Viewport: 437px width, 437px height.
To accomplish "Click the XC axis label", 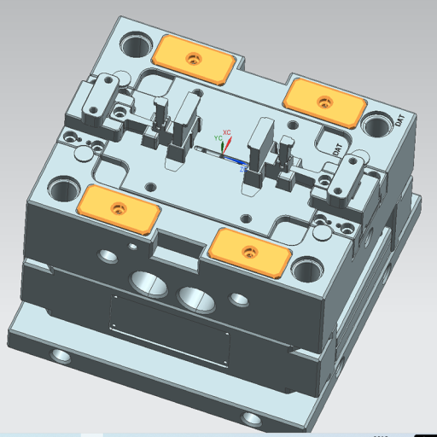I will click(x=227, y=122).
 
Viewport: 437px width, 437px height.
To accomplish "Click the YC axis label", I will click(x=218, y=137).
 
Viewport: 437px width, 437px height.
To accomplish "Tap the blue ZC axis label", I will click(x=243, y=169).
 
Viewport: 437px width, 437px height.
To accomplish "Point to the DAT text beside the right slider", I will click(x=338, y=149).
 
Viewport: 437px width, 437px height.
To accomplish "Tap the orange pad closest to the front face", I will click(x=248, y=252).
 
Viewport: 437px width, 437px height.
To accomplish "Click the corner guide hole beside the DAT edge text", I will click(x=376, y=125).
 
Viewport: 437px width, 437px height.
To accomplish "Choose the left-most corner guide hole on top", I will click(x=61, y=189).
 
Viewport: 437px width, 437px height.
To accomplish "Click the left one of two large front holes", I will click(x=149, y=282).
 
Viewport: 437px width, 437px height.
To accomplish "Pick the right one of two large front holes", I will click(x=198, y=298).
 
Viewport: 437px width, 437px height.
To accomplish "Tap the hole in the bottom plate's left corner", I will click(x=61, y=354).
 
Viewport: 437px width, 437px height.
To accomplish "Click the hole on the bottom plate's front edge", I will click(x=250, y=417).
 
